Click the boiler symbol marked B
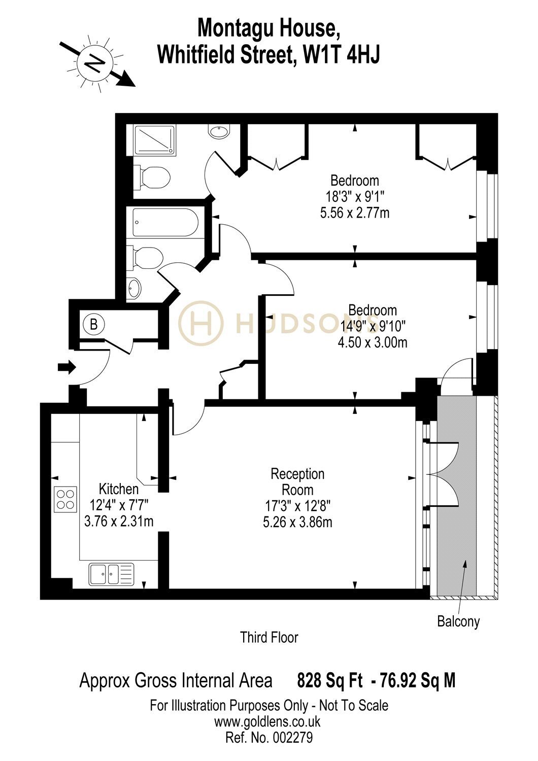pos(93,325)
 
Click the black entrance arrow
pos(66,367)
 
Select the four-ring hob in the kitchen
pos(65,499)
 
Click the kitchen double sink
pos(112,574)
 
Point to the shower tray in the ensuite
pos(155,141)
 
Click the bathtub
pos(165,222)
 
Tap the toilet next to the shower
pos(152,178)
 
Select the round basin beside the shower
pos(219,131)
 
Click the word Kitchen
pos(119,489)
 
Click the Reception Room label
pos(297,482)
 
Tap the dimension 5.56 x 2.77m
pos(354,213)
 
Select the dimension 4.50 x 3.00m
pos(373,342)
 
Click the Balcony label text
pos(458,621)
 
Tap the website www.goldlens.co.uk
pos(267,721)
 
